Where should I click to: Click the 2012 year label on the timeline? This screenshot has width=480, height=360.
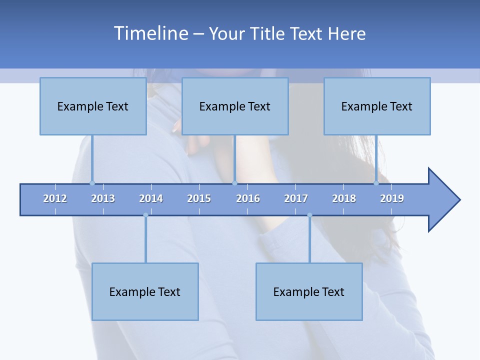click(55, 198)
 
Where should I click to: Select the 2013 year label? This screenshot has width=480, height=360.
click(103, 198)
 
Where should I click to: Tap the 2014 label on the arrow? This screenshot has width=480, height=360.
click(151, 198)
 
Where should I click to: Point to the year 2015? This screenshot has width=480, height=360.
click(199, 198)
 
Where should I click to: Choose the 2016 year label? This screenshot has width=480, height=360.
click(248, 198)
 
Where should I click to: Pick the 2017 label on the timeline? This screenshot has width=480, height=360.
click(296, 198)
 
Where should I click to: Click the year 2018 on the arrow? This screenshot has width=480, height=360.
click(344, 198)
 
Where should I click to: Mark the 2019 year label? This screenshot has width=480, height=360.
click(392, 198)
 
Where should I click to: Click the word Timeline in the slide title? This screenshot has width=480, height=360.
click(149, 33)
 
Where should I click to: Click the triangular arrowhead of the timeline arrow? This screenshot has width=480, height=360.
click(442, 200)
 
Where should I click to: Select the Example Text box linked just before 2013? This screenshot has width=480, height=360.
click(93, 106)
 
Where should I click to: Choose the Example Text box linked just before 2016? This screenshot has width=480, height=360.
click(235, 106)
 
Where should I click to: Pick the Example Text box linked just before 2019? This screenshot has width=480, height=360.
click(377, 106)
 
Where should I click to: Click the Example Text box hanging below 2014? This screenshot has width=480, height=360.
click(145, 291)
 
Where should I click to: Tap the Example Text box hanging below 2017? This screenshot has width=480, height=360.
click(309, 291)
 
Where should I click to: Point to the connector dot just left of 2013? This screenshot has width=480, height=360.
click(92, 183)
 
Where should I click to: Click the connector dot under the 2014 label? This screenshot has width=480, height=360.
click(145, 215)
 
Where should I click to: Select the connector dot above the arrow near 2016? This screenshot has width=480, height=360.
click(234, 183)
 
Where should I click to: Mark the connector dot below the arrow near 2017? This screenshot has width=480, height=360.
click(309, 215)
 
